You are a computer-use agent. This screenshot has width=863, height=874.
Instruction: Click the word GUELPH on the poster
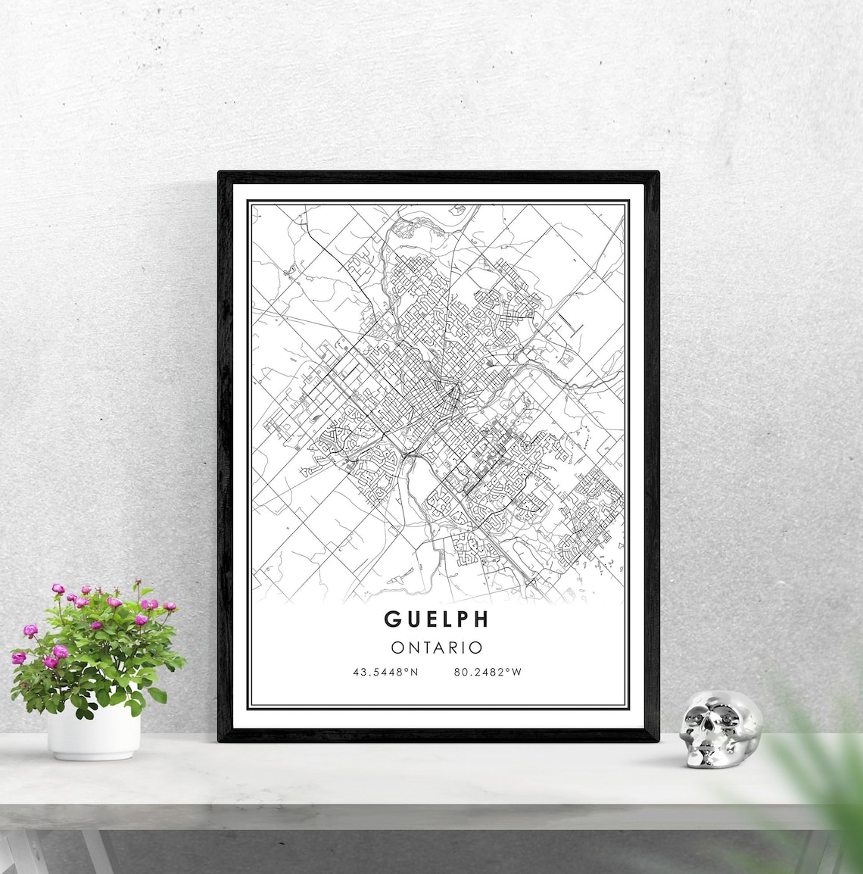[x=437, y=619]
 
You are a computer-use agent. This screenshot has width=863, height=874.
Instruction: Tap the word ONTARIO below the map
[x=437, y=648]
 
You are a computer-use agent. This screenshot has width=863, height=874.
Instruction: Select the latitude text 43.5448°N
[x=385, y=672]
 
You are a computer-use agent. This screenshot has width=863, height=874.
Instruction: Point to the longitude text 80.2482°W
[x=488, y=672]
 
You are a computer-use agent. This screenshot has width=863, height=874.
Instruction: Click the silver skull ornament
[x=719, y=729]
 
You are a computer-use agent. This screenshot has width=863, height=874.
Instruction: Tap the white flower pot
[x=93, y=733]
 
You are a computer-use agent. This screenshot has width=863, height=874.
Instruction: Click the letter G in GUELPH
[x=391, y=619]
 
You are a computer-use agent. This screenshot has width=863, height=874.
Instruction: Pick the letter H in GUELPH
[x=481, y=619]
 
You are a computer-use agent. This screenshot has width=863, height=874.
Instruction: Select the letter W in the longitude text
[x=518, y=672]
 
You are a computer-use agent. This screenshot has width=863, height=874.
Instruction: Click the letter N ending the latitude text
[x=415, y=672]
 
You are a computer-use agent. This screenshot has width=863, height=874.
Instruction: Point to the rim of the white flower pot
[x=93, y=714]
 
